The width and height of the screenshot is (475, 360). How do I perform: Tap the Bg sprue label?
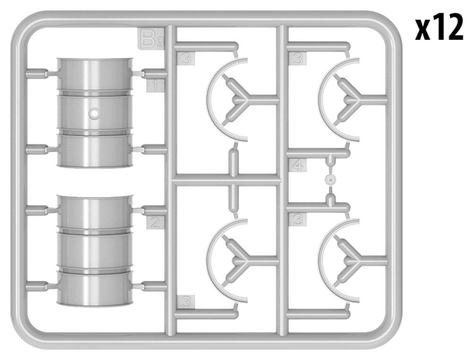(150, 39)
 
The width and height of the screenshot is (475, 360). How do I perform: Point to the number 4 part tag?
(299, 166)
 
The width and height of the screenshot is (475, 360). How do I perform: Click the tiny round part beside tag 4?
(330, 179)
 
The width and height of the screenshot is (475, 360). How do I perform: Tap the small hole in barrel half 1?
(95, 113)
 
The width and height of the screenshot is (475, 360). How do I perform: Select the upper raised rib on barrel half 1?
(95, 92)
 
